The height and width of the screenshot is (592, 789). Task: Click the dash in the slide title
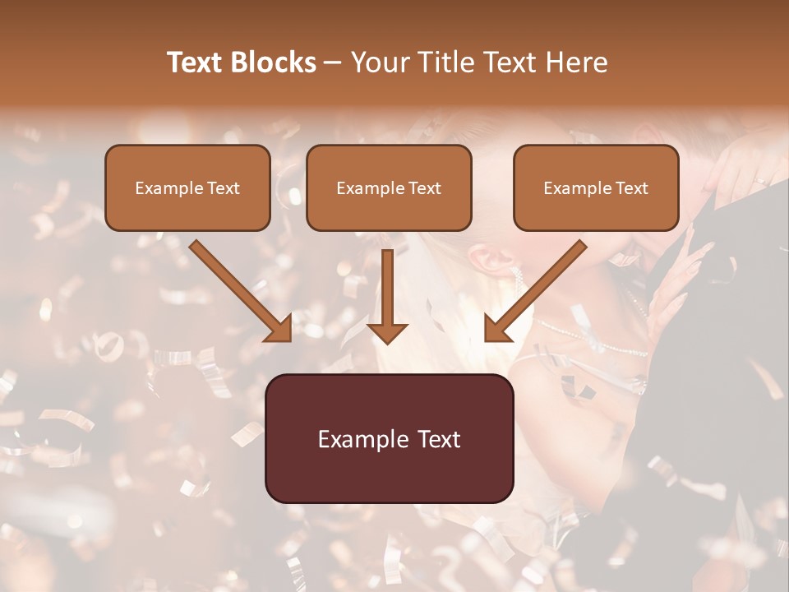click(333, 62)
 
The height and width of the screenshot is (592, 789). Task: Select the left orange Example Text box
click(187, 187)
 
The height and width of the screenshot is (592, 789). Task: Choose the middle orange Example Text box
click(389, 187)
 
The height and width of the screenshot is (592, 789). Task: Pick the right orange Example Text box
click(596, 187)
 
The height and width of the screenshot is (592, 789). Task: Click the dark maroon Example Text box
click(389, 438)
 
